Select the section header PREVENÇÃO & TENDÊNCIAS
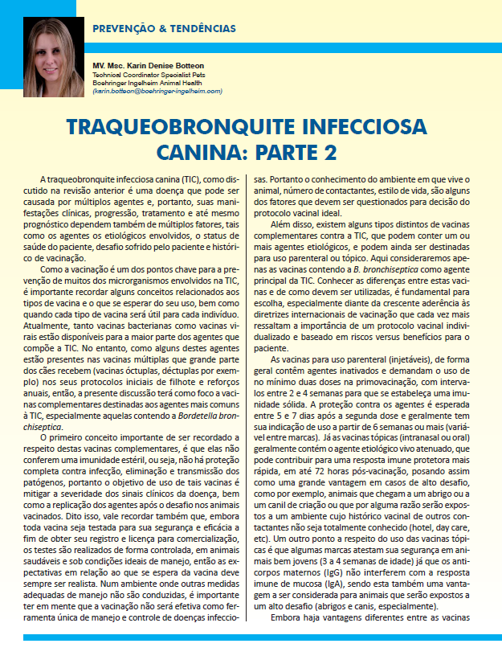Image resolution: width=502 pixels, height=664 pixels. (165, 28)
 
